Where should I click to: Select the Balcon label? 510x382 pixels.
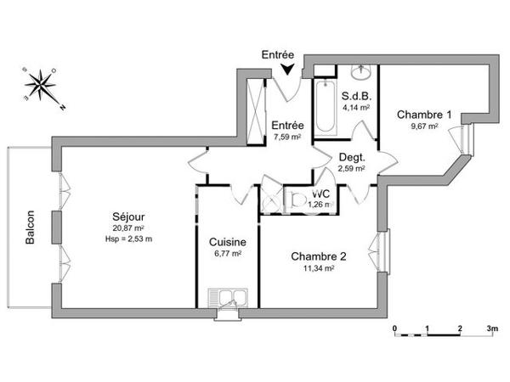30,228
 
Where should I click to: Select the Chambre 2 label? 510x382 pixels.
318,256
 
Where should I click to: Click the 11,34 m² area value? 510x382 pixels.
318,268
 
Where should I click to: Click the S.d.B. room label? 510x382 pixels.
354,96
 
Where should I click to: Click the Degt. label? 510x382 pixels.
351,157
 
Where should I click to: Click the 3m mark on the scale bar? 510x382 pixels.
490,327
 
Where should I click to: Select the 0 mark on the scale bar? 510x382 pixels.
394,327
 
